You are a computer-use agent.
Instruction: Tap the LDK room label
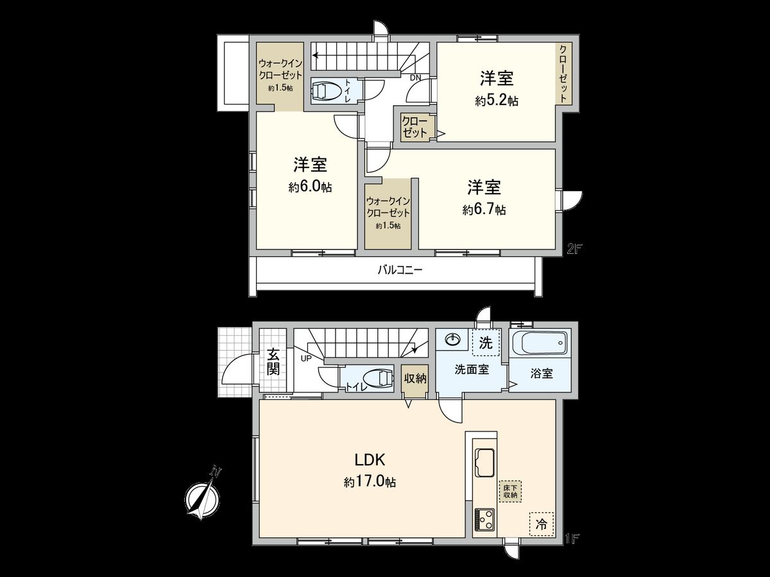[x=370, y=460]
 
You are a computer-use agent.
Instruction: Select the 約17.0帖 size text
[x=370, y=482]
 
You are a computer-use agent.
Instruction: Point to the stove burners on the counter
[x=484, y=517]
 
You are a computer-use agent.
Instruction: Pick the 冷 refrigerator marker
[x=542, y=524]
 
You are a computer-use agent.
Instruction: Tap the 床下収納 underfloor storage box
[x=510, y=491]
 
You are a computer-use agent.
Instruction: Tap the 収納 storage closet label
[x=415, y=378]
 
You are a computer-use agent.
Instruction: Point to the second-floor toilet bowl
[x=329, y=91]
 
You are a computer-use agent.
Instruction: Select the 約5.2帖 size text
[x=497, y=101]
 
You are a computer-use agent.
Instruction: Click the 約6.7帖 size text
[x=484, y=210]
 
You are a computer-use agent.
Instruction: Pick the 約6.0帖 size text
[x=310, y=187]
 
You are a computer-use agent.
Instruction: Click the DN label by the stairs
[x=416, y=78]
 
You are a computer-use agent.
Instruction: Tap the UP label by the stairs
[x=305, y=358]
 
